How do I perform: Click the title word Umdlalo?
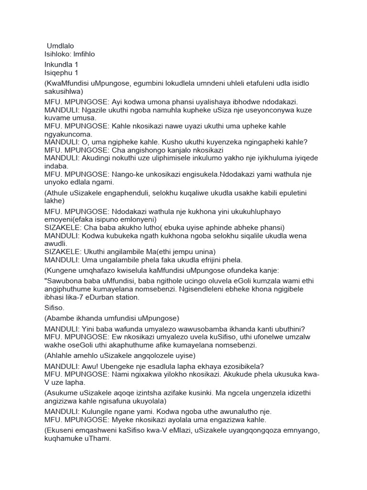tap(61, 45)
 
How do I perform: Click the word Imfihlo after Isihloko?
tap(84, 54)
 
